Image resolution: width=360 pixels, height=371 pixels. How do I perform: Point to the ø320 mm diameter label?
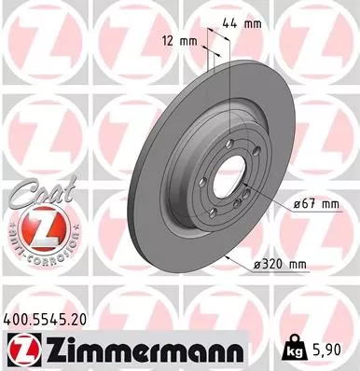point(281,266)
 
